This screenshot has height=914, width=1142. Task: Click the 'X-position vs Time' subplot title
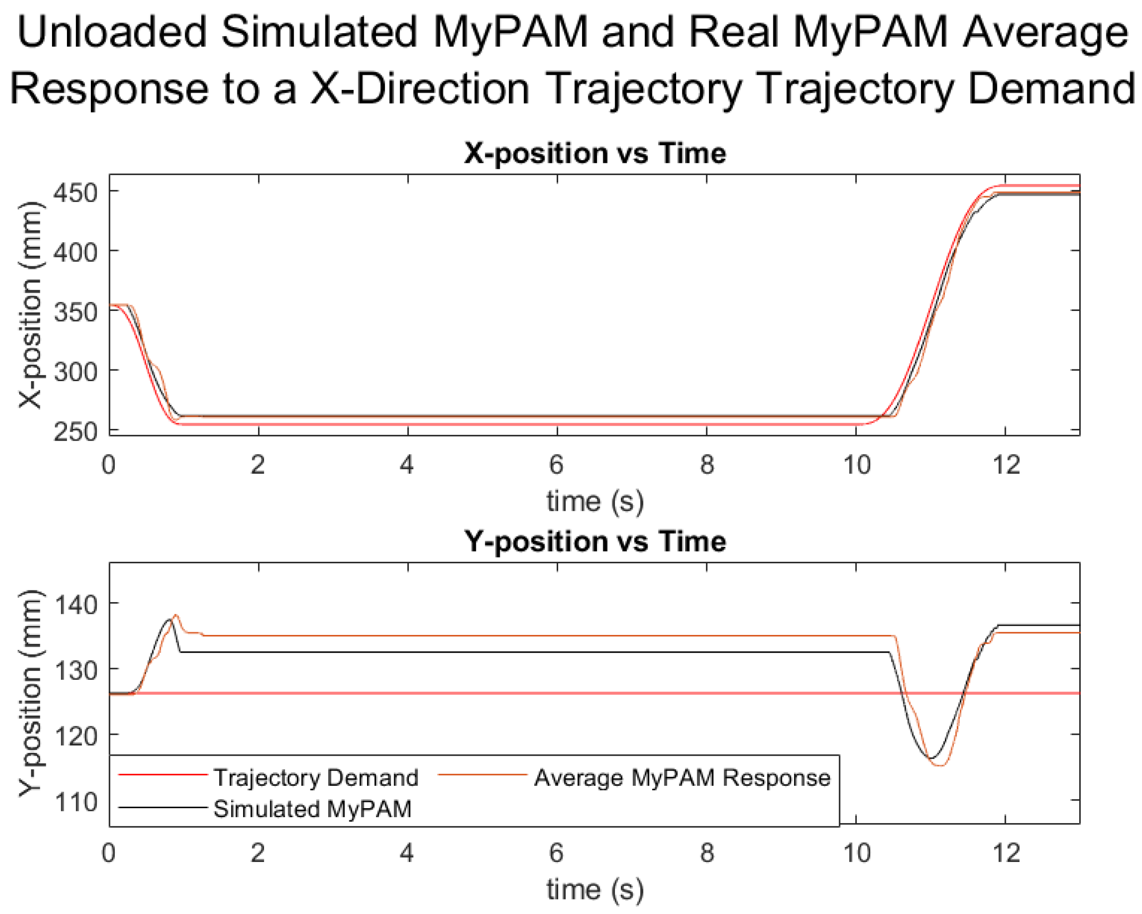[594, 154]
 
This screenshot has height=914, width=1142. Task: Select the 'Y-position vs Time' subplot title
[594, 542]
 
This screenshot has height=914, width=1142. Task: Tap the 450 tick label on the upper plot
[76, 193]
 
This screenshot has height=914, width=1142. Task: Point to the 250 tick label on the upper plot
[76, 432]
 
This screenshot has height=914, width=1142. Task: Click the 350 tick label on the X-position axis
[76, 312]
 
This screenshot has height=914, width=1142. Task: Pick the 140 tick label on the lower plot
[76, 604]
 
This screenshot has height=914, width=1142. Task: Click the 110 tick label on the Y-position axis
[76, 802]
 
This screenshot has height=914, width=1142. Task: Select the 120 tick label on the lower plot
[76, 736]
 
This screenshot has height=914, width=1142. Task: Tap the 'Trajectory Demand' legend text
[316, 778]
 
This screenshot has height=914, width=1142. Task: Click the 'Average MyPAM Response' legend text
[682, 778]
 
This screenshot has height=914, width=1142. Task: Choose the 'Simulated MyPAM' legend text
[312, 809]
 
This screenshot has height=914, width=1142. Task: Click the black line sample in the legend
[162, 808]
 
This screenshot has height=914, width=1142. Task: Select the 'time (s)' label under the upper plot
[594, 501]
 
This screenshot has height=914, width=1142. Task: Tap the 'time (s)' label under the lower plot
[594, 889]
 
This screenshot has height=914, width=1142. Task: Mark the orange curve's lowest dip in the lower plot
[941, 765]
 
